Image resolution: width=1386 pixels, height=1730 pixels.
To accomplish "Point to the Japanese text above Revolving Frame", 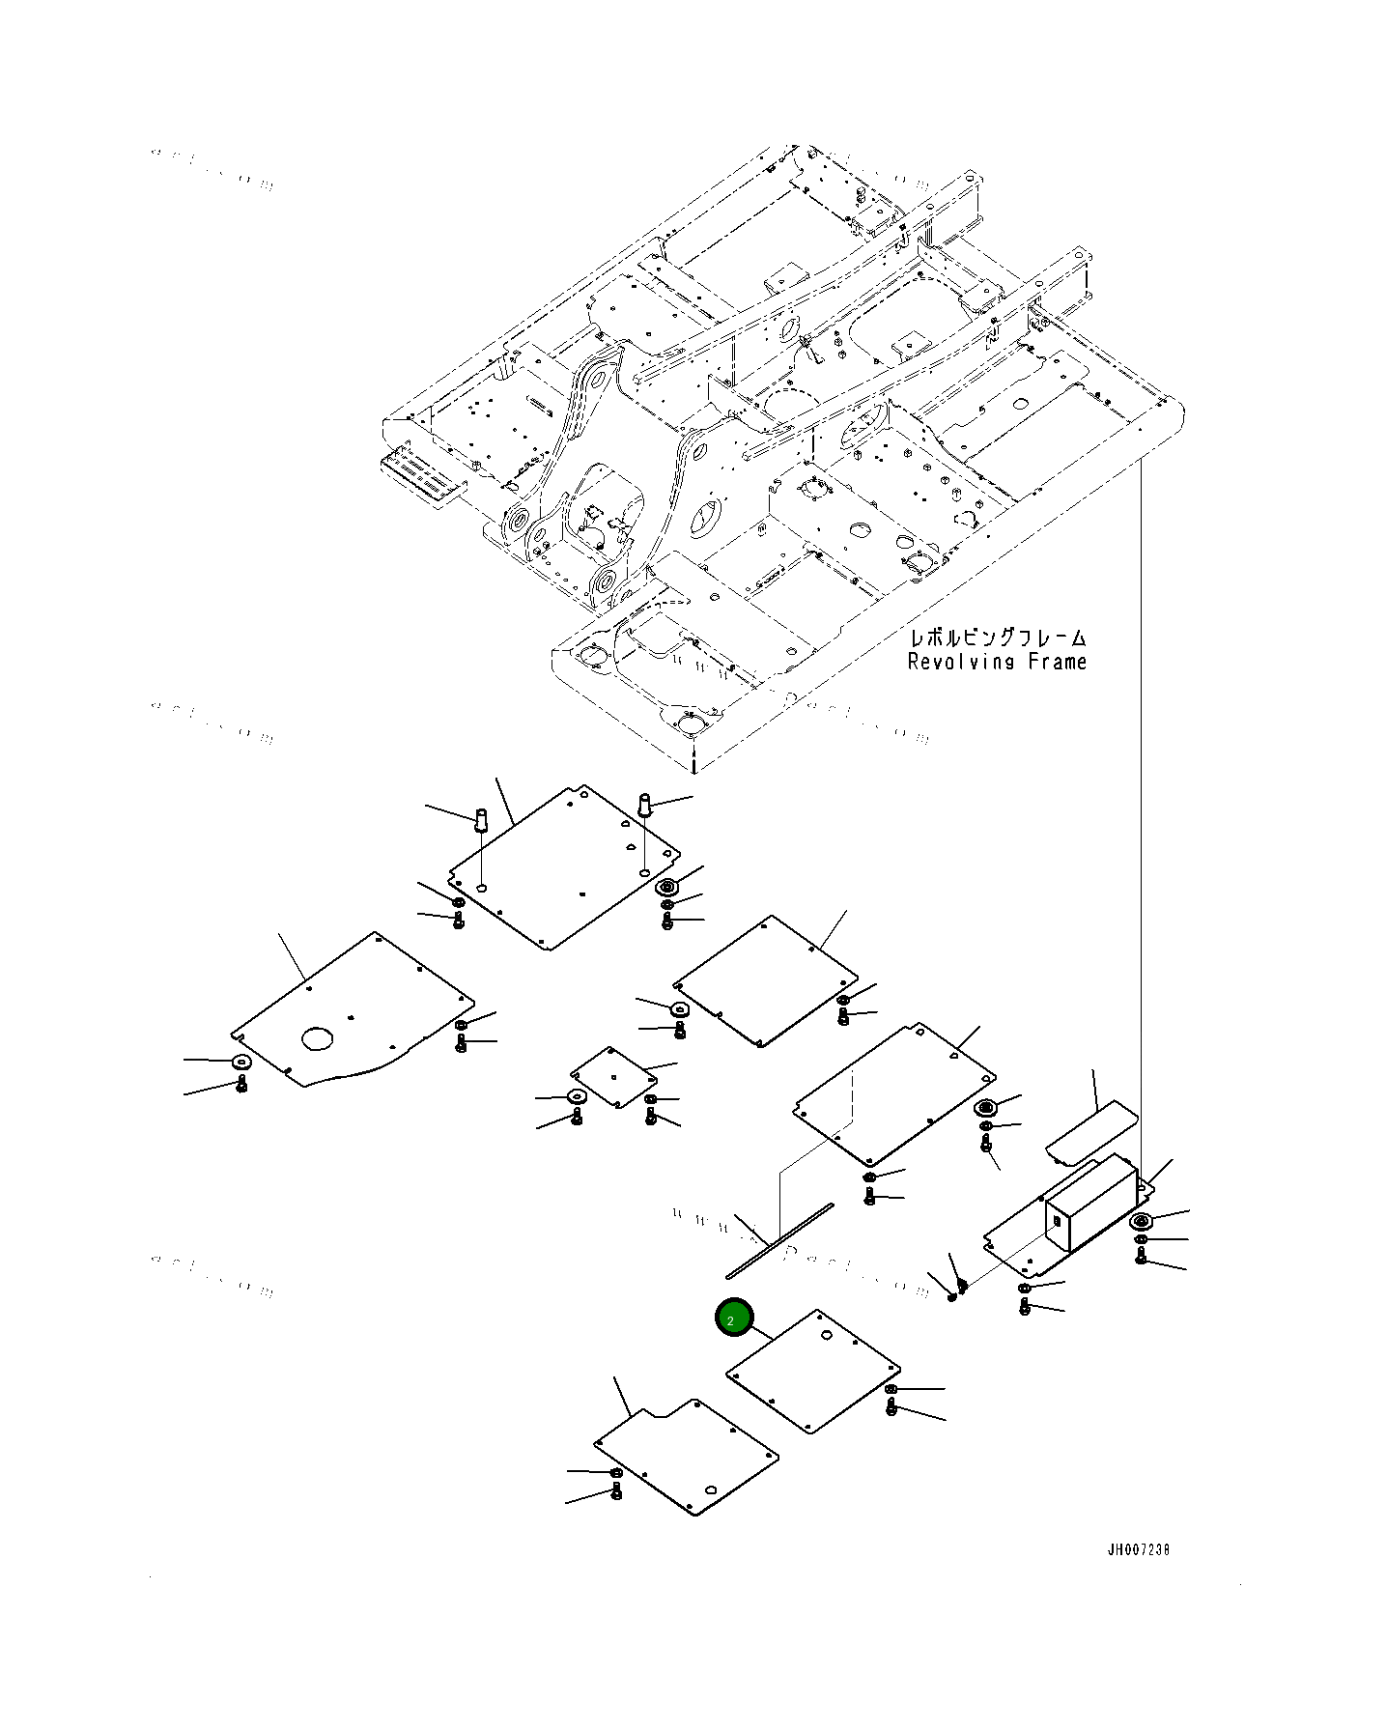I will [x=997, y=638].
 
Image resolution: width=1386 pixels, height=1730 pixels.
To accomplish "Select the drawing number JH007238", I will [x=1138, y=1549].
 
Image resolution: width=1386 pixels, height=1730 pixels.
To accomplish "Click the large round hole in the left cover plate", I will [x=317, y=1038].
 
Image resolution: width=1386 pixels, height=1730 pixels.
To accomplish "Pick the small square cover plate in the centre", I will [x=613, y=1077].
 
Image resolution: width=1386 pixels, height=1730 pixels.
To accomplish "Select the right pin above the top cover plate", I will [x=646, y=803].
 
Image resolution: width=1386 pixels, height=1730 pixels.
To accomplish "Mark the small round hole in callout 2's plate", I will [x=826, y=1337].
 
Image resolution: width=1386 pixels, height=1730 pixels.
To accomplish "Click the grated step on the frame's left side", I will [x=422, y=474].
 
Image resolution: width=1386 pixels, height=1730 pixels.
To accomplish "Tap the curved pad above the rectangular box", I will [x=1091, y=1133].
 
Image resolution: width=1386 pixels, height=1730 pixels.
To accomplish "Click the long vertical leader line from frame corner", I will [x=1141, y=821].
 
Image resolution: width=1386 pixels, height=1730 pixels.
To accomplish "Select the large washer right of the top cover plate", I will [x=665, y=888].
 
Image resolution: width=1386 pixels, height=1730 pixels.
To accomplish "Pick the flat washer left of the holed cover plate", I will [x=241, y=1062].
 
